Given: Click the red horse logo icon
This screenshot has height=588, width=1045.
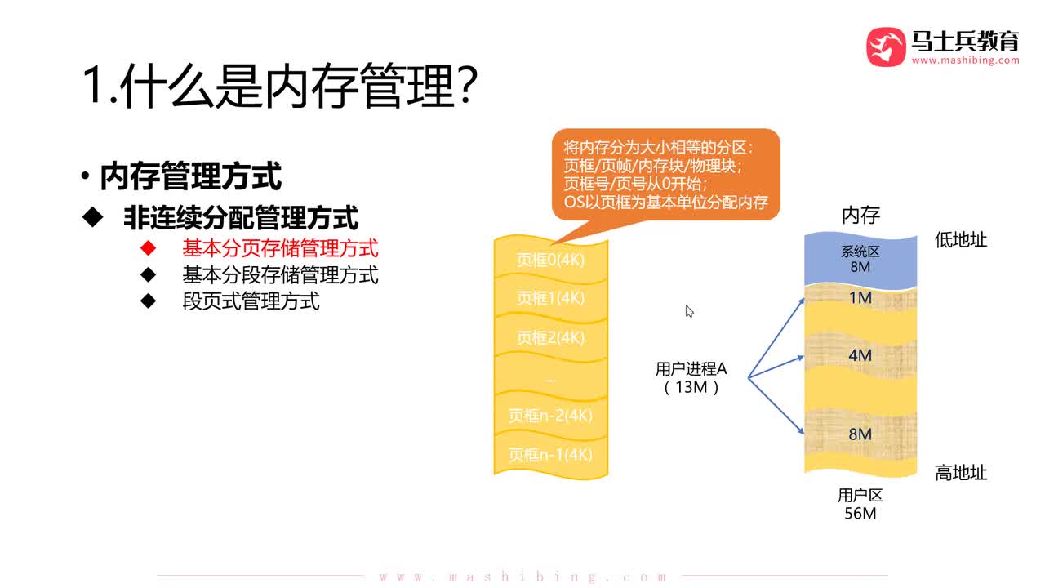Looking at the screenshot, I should coord(886,47).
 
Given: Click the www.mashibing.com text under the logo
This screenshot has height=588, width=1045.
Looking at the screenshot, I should coord(965,60).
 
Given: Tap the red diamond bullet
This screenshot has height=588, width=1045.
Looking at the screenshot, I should coord(148,247).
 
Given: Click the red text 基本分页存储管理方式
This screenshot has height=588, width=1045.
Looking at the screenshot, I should coord(280,247).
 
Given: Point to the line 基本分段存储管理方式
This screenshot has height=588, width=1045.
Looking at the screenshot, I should coord(280,274).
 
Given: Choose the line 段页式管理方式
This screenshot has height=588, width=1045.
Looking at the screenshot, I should coord(251,301).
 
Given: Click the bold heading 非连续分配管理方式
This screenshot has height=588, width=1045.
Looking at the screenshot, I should coord(241,217).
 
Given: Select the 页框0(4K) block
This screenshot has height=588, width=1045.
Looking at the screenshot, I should coord(551,260).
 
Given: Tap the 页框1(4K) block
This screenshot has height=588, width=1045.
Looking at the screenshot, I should coord(551,298).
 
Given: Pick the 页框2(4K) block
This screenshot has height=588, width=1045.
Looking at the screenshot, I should coord(551,337).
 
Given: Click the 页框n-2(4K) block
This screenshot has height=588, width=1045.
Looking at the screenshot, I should coord(551,416).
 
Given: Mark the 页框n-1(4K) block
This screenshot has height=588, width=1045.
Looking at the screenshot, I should coord(551,454).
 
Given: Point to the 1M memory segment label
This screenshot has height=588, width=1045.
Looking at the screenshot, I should coord(860,298).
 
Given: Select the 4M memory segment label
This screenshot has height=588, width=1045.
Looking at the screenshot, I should coord(860,355).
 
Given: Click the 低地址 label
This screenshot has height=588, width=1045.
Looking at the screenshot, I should coord(961,240).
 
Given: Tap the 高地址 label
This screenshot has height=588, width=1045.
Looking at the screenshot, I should coord(961,473).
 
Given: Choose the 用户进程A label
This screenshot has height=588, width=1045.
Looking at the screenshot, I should coord(691,369).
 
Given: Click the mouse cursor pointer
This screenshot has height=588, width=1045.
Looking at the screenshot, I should coord(689,311).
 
